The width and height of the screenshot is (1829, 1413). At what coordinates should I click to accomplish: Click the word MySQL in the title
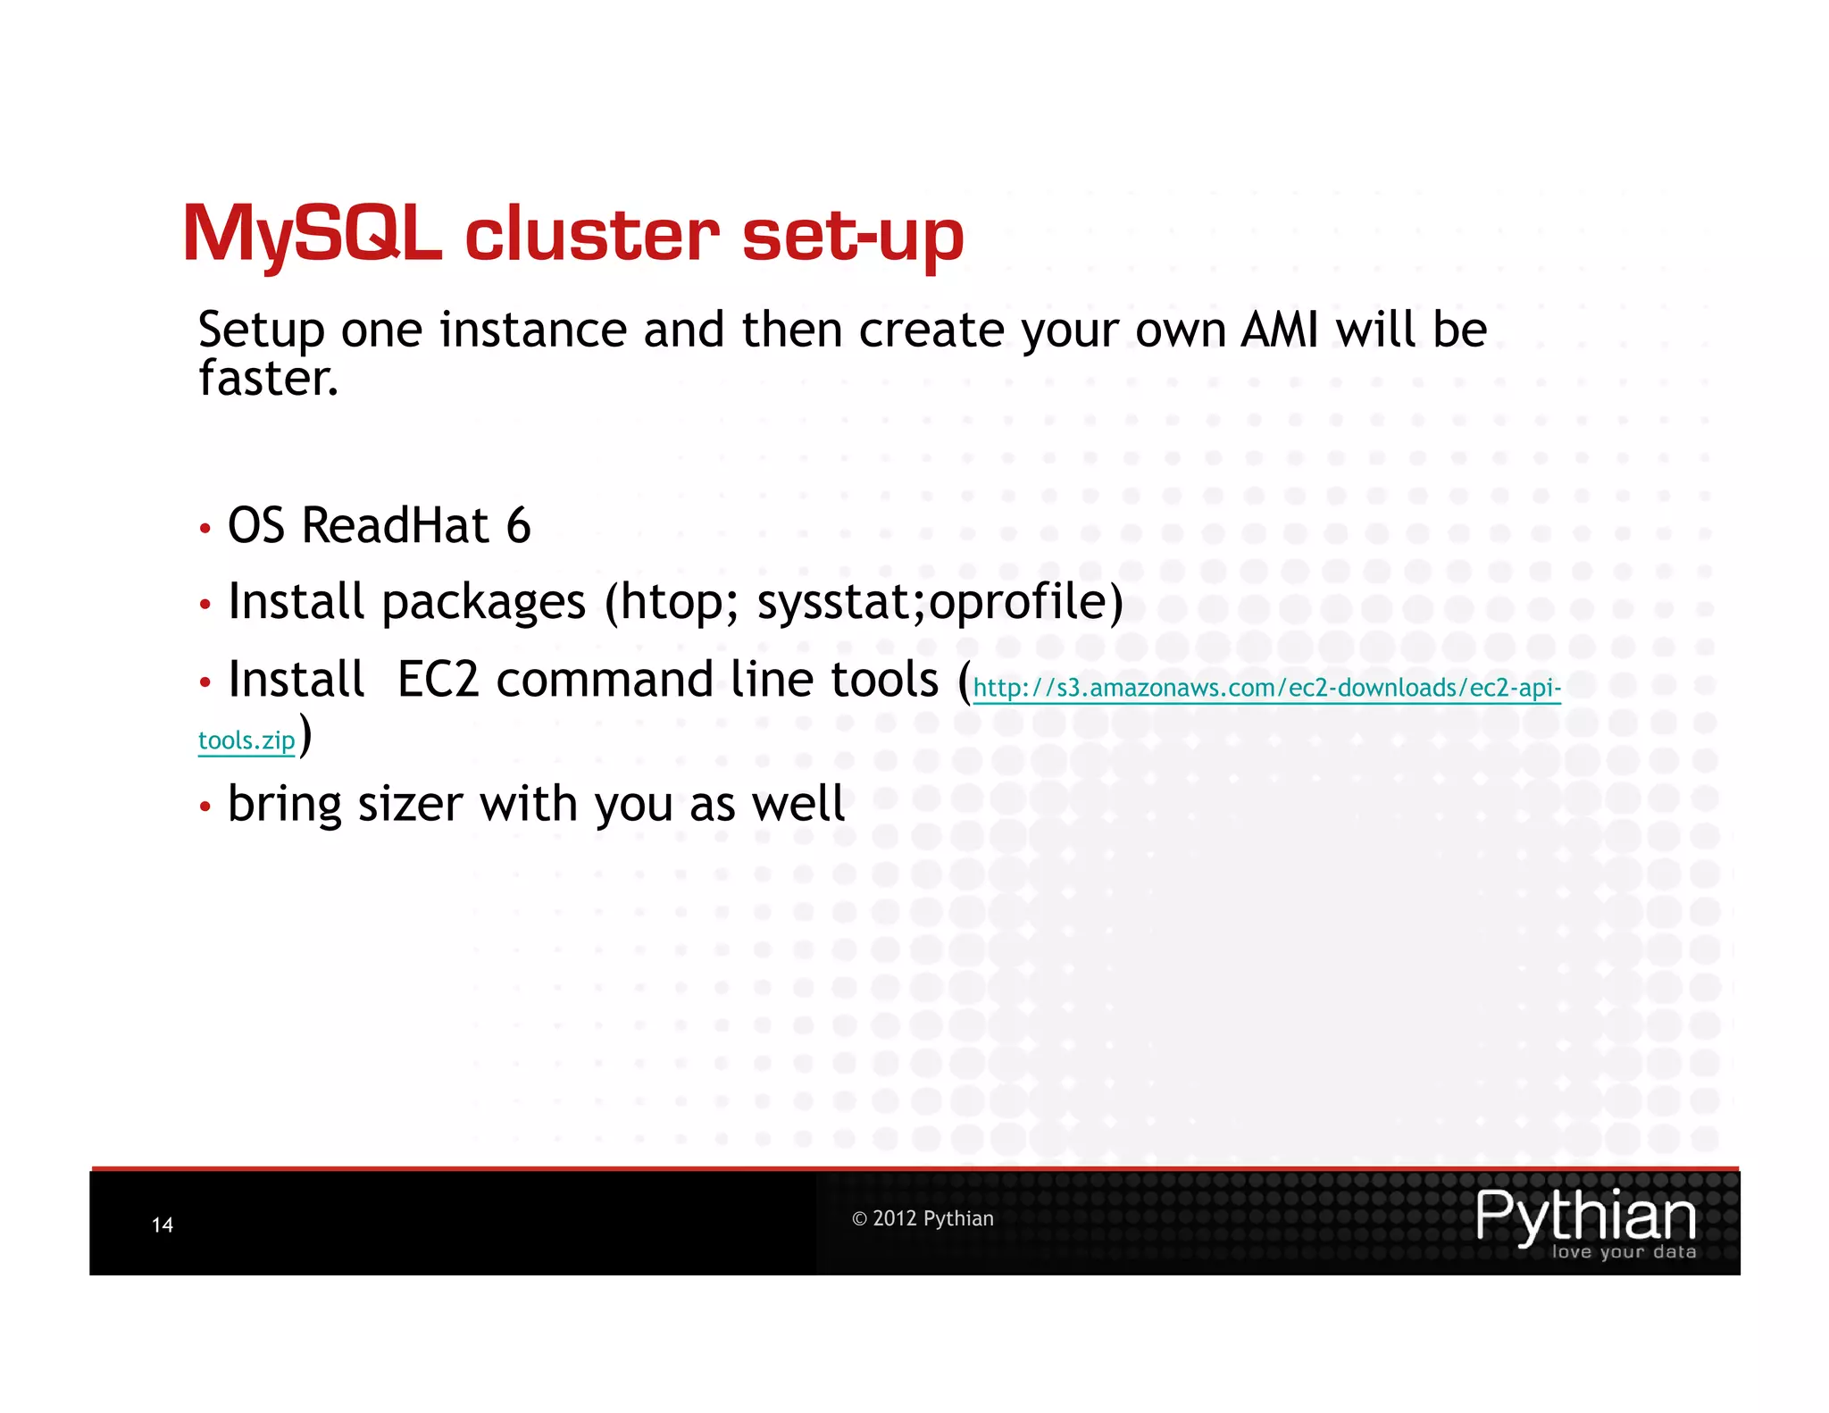(312, 234)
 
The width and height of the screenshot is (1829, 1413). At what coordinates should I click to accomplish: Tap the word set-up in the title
(853, 236)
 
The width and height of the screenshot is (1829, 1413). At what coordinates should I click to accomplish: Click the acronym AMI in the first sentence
(1280, 330)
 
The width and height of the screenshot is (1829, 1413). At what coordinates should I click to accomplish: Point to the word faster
(268, 379)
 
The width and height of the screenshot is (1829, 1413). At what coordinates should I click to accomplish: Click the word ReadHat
(396, 525)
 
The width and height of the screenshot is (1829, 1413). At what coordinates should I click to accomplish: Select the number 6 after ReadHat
(518, 525)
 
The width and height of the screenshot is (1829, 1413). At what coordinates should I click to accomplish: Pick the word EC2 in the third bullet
(438, 680)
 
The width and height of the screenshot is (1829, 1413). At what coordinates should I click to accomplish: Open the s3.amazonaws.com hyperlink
(1266, 688)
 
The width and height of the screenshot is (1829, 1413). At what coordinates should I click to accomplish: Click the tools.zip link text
(246, 740)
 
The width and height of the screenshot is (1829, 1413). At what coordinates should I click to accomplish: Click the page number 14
(163, 1225)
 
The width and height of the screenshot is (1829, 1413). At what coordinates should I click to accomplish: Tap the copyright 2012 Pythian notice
(923, 1219)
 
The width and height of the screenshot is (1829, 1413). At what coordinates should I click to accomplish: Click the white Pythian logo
(1585, 1217)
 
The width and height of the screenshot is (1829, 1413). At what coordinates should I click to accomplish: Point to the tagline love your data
(1624, 1252)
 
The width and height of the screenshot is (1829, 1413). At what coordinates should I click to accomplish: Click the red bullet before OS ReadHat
(205, 529)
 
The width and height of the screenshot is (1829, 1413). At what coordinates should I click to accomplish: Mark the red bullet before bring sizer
(205, 807)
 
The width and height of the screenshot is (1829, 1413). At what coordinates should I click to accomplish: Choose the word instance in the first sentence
(534, 330)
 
